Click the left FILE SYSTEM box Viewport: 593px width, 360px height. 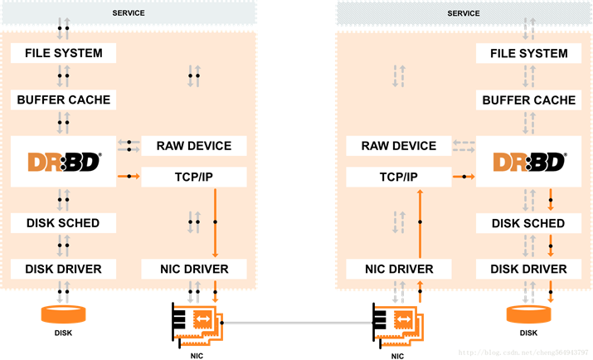point(62,53)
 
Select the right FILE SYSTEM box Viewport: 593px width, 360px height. point(528,53)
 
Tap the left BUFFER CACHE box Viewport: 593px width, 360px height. point(62,100)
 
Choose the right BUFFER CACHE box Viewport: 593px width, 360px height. point(528,100)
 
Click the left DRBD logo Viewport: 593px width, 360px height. point(62,162)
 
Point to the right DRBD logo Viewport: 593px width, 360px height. point(528,162)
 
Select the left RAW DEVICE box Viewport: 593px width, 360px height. point(193,146)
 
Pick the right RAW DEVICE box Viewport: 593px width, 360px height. point(398,146)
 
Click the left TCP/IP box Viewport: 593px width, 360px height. point(193,177)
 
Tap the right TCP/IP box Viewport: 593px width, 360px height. point(398,177)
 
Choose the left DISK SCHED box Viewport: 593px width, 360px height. point(62,222)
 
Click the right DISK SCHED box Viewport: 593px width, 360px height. point(528,222)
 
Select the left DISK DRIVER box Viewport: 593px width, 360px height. point(62,269)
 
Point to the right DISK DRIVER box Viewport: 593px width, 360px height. point(528,269)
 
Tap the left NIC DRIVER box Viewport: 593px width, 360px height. point(193,269)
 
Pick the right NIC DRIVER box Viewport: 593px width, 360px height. point(398,269)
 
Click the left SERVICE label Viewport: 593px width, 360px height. point(128,13)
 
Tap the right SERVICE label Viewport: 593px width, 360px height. point(464,13)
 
